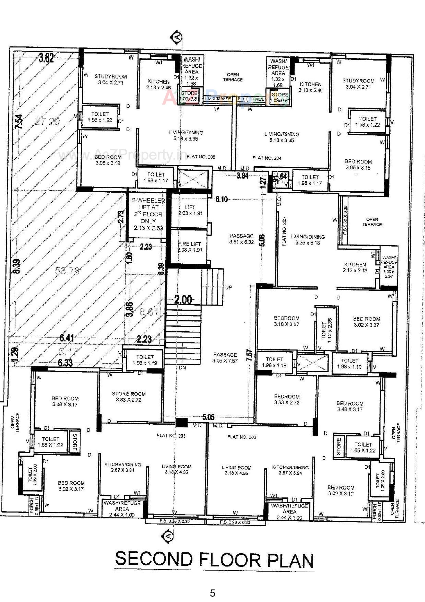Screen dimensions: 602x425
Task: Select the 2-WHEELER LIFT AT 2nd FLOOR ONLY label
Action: click(148, 214)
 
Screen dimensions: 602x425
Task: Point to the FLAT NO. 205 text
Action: click(201, 157)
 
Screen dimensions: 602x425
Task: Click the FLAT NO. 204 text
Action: click(267, 158)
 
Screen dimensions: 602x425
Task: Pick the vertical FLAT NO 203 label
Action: click(284, 232)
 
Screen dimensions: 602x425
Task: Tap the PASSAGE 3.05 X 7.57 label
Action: click(225, 358)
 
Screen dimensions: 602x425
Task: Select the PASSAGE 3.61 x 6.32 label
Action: click(241, 239)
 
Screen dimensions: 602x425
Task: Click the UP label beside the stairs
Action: click(228, 287)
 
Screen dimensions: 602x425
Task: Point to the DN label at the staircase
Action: click(182, 368)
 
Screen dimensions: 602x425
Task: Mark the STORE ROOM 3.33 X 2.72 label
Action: click(129, 397)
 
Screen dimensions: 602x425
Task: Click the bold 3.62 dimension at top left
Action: click(46, 58)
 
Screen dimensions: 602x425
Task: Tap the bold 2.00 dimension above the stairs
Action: click(183, 299)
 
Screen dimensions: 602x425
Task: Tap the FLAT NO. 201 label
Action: click(171, 436)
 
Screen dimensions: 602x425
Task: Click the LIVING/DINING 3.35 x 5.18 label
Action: click(308, 239)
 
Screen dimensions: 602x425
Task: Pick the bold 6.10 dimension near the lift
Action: click(222, 199)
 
